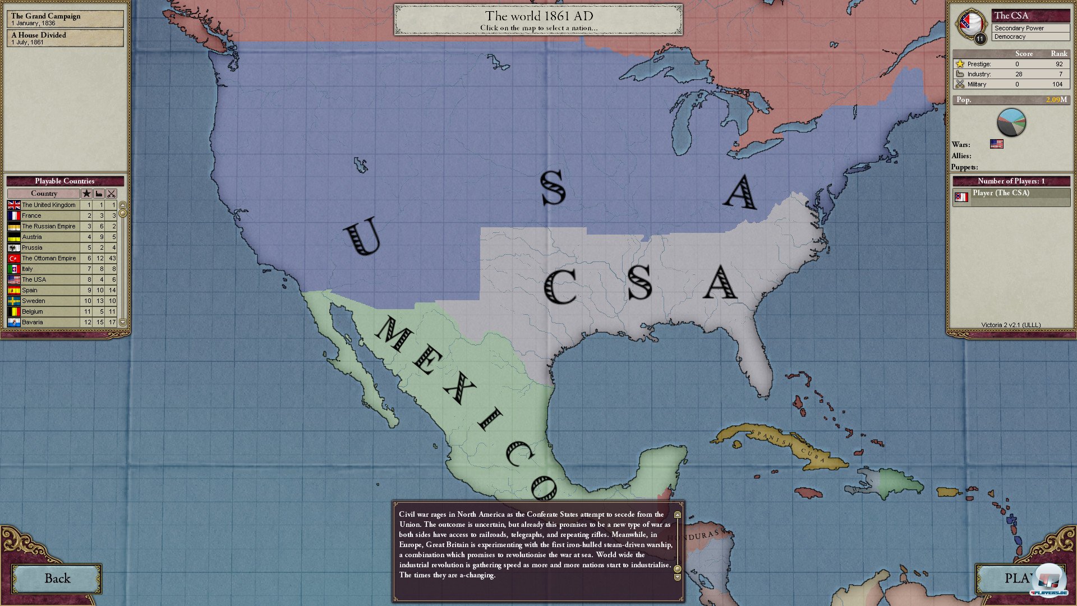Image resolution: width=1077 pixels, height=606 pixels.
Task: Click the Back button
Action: click(57, 579)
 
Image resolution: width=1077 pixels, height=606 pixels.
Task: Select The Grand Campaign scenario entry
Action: click(65, 19)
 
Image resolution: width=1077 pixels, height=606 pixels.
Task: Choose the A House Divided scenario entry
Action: click(65, 38)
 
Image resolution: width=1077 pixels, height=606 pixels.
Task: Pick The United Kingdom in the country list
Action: click(49, 205)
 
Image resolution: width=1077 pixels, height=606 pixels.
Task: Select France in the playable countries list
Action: click(32, 216)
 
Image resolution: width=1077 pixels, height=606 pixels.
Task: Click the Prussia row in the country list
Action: click(33, 248)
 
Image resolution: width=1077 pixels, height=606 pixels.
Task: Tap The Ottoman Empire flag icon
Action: click(14, 259)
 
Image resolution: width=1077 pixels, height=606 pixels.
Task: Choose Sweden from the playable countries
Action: click(34, 301)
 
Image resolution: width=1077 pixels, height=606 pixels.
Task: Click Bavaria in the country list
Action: click(33, 323)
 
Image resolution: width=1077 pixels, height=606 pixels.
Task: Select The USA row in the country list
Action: click(34, 280)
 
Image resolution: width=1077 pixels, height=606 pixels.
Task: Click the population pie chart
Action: click(1011, 122)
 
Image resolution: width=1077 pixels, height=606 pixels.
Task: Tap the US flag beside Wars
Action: click(996, 144)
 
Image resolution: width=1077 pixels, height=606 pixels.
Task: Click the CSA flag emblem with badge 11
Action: click(971, 24)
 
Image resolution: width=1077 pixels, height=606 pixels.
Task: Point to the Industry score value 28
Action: click(1019, 74)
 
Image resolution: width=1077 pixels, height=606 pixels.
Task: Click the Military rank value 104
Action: click(1057, 84)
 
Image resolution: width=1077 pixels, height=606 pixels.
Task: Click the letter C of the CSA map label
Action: click(560, 286)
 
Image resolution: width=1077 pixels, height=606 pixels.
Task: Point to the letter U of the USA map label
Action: click(362, 238)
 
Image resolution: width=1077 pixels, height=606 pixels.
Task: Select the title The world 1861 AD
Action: click(538, 16)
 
